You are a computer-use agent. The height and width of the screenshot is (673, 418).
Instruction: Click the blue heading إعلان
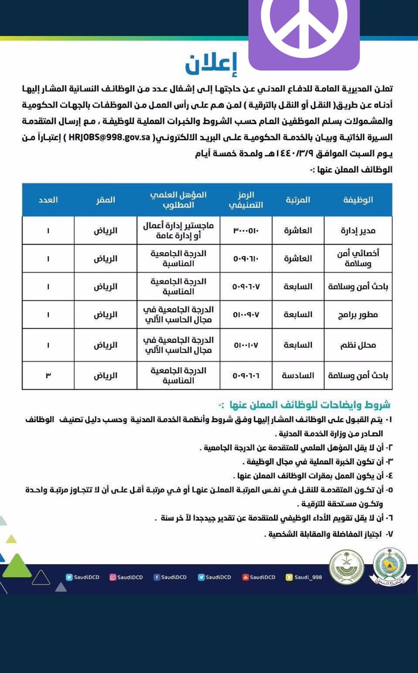pos(212,65)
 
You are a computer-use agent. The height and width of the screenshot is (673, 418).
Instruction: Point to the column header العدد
pos(48,199)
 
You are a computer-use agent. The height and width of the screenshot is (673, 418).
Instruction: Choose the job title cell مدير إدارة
pos(357,231)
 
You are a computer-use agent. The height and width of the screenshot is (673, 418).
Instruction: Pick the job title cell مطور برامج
pos(357,315)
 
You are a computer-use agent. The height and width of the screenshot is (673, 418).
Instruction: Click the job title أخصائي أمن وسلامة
pos(357,259)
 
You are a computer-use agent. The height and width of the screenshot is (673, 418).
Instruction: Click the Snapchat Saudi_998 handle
pos(304,576)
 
